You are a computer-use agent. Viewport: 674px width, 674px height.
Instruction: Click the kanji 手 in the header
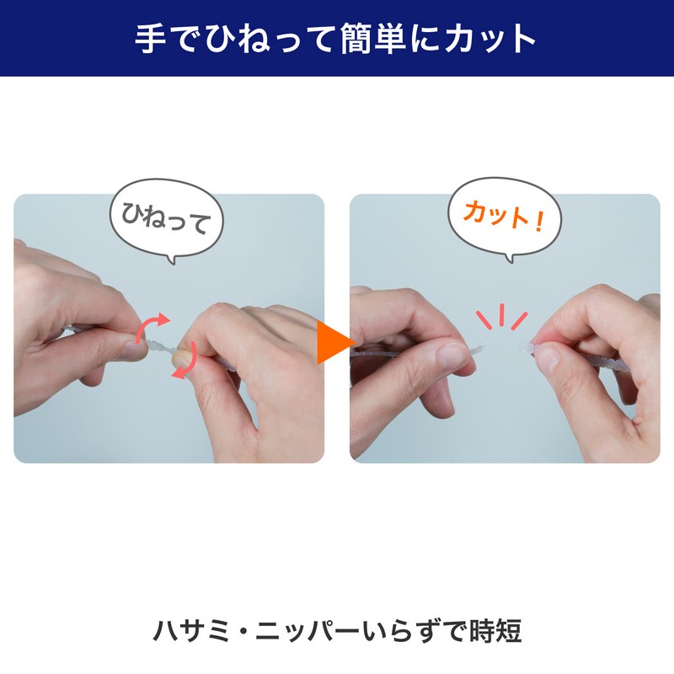pos(151,38)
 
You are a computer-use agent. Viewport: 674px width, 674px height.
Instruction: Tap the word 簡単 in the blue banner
pos(373,38)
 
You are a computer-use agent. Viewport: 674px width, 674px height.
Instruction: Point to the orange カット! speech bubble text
pos(504,217)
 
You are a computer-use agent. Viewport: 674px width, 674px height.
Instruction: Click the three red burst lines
pos(501,317)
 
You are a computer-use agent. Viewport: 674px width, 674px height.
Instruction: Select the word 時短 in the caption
pos(495,630)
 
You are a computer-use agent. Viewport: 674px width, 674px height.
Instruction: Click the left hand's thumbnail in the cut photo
pos(453,356)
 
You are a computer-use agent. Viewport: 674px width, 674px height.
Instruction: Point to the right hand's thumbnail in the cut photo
pos(546,357)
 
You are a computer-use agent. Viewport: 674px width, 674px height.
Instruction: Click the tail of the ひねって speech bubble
pos(172,259)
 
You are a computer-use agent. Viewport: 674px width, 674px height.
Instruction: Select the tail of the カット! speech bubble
pos(510,258)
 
